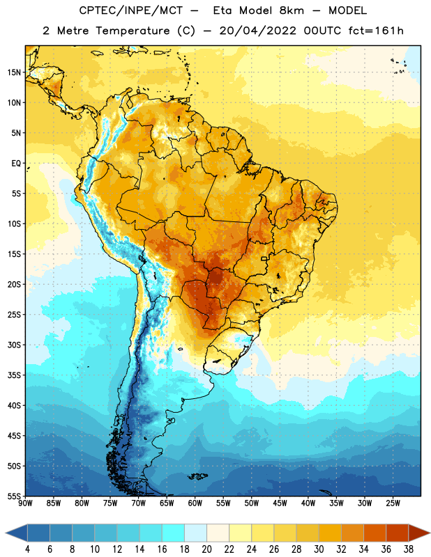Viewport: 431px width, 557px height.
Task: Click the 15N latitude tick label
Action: point(14,72)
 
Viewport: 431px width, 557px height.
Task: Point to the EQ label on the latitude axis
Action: point(16,164)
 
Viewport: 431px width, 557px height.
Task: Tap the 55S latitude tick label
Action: point(14,496)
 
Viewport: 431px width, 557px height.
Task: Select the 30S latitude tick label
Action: point(14,345)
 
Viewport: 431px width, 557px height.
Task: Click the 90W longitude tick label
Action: point(25,503)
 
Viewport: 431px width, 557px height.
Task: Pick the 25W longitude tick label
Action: point(393,503)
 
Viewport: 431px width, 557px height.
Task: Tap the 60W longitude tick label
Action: point(195,503)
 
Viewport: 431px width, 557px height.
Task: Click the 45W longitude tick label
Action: point(280,503)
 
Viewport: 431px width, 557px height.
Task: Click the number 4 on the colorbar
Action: point(27,549)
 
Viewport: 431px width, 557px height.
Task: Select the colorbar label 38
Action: point(408,549)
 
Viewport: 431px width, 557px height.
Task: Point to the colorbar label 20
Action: point(206,549)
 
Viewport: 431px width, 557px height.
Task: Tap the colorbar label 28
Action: point(296,549)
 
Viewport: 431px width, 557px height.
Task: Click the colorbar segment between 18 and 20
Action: point(195,533)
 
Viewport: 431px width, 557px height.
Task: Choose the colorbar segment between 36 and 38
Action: point(398,533)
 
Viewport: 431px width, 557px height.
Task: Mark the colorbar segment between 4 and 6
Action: point(38,533)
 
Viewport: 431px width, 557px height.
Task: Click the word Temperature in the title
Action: point(133,31)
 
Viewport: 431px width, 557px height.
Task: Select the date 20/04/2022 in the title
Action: point(257,31)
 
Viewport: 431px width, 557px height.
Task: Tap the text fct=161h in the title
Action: point(376,31)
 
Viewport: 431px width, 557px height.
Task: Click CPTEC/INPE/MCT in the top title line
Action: point(130,10)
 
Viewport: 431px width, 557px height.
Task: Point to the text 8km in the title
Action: point(292,10)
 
